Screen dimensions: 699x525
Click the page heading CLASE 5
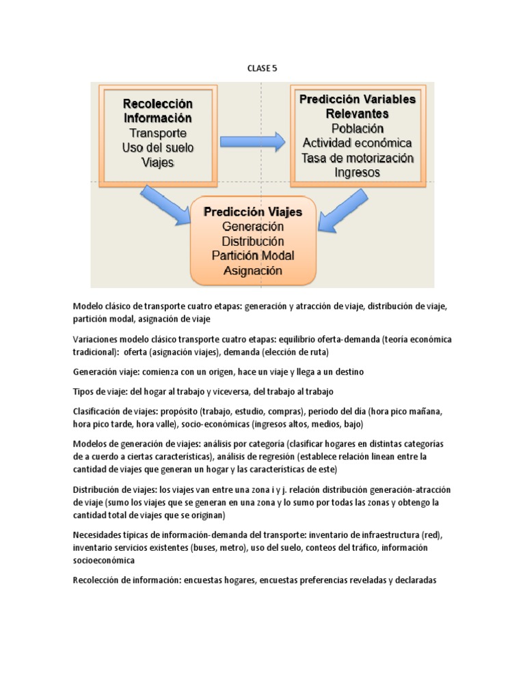click(262, 68)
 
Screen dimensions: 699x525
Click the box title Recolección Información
click(158, 111)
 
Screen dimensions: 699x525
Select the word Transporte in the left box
click(158, 133)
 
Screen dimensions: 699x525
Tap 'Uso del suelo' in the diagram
click(158, 147)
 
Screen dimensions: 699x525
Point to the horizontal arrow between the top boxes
click(252, 142)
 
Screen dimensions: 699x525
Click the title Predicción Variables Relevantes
click(358, 106)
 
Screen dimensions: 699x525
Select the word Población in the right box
click(358, 128)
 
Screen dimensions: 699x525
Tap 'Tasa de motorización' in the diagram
click(358, 158)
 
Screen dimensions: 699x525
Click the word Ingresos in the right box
click(358, 173)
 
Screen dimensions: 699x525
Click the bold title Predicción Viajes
click(253, 212)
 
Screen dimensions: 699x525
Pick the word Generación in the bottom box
click(253, 226)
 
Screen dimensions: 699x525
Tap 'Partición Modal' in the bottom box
click(253, 255)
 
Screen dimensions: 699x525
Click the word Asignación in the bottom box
click(253, 270)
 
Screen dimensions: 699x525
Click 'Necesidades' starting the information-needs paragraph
click(98, 535)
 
